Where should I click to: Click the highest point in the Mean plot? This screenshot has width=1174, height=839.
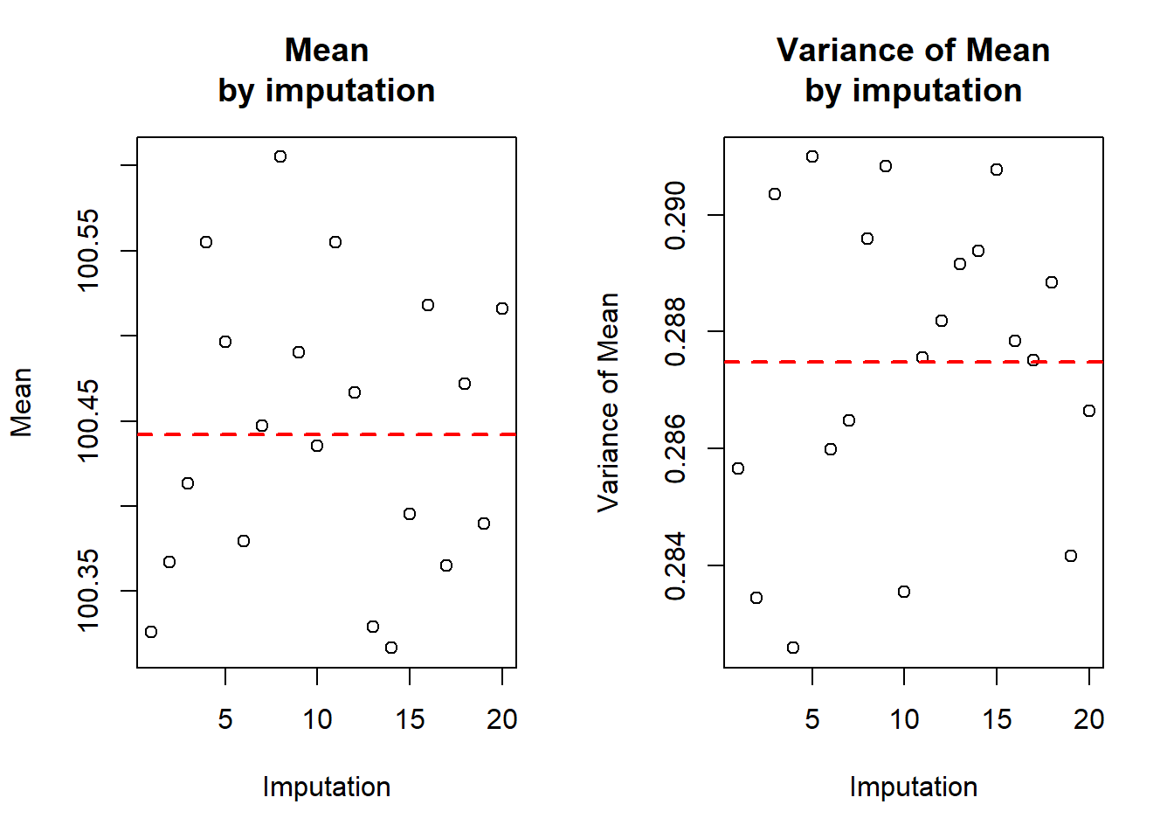pyautogui.click(x=280, y=156)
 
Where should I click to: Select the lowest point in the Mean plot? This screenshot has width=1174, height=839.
pyautogui.click(x=391, y=648)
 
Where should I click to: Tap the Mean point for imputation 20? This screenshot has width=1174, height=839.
pyautogui.click(x=502, y=309)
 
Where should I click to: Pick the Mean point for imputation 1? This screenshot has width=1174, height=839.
pyautogui.click(x=151, y=632)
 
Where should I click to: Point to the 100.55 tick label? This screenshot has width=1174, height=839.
pyautogui.click(x=88, y=250)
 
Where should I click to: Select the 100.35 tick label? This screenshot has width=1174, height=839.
pyautogui.click(x=88, y=590)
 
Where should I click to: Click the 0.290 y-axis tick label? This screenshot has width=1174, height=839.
pyautogui.click(x=675, y=215)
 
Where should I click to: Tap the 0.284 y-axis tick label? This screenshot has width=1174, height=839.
pyautogui.click(x=675, y=565)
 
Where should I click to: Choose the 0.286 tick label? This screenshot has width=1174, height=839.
pyautogui.click(x=675, y=448)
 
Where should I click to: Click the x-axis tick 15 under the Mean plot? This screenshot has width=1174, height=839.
pyautogui.click(x=410, y=719)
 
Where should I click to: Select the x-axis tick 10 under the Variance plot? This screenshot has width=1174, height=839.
pyautogui.click(x=904, y=719)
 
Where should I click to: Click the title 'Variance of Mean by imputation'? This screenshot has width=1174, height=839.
pyautogui.click(x=913, y=70)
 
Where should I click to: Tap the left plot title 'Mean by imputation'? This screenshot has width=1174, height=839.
pyautogui.click(x=327, y=70)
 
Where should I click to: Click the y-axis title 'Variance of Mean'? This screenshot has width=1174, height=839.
pyautogui.click(x=608, y=402)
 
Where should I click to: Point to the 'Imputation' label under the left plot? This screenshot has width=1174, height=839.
pyautogui.click(x=327, y=787)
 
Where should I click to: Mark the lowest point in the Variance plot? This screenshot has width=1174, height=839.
pyautogui.click(x=793, y=648)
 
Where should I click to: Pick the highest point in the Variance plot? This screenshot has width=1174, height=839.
pyautogui.click(x=812, y=156)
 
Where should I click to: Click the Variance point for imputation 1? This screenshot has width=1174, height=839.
pyautogui.click(x=738, y=468)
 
